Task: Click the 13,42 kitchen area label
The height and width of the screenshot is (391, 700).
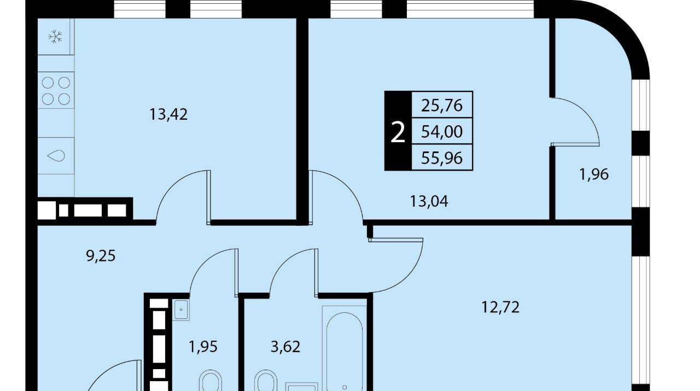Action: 168,114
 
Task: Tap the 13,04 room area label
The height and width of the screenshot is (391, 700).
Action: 429,201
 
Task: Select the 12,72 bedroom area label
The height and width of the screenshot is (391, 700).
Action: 500,307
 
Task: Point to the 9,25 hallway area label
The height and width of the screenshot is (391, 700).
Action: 101,256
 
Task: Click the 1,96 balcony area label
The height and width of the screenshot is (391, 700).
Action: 594,174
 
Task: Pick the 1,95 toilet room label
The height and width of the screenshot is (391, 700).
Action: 203,347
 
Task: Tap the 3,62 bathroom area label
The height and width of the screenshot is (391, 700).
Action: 285,347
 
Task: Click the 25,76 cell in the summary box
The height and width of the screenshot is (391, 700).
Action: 442,106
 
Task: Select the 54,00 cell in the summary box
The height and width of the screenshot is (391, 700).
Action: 442,132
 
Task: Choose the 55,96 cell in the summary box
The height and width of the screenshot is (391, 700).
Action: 442,158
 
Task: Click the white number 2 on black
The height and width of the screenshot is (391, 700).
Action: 398,132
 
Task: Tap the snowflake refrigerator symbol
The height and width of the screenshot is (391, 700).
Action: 56,37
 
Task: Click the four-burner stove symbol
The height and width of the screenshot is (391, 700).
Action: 56,91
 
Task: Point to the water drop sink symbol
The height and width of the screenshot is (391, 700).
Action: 56,155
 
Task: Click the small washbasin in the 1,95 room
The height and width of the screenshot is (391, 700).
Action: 181,310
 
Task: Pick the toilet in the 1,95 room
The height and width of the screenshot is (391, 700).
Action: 211,381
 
